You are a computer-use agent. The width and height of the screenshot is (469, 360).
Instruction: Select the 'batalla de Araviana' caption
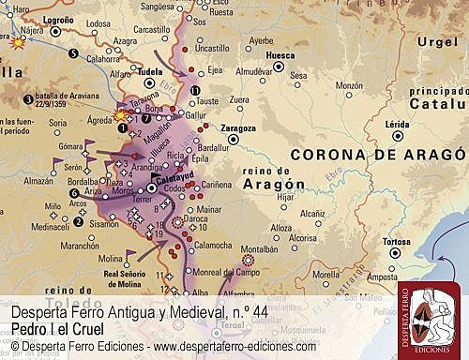click(68, 97)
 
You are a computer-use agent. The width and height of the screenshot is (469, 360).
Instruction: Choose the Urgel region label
click(436, 42)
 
